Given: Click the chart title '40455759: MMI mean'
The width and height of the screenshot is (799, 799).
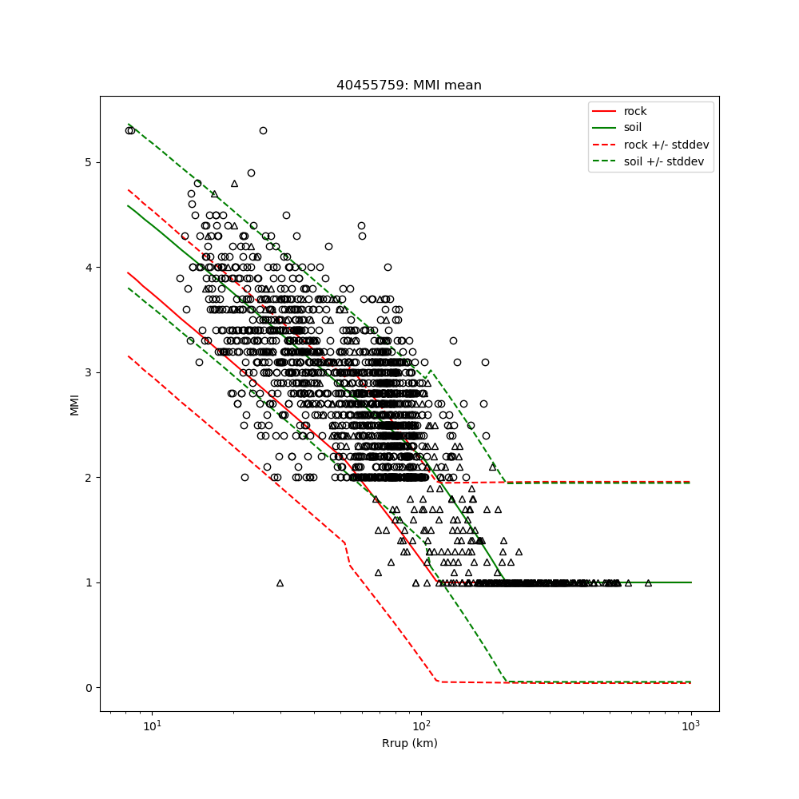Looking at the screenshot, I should coord(409,85).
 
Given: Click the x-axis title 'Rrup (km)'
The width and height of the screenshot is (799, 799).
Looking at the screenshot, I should coord(409,743).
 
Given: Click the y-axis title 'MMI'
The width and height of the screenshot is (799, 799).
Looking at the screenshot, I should coord(74,403).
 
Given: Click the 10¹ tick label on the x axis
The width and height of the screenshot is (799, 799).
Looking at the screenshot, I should coord(151,727).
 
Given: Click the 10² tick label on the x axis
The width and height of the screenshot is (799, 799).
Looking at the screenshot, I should coord(421,727).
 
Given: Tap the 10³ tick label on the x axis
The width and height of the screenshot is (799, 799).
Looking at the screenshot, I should coord(690,727).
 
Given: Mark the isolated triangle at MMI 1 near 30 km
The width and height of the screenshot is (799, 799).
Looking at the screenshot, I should coord(280,582).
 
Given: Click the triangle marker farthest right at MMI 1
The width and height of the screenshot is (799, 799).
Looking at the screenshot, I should coord(648,582).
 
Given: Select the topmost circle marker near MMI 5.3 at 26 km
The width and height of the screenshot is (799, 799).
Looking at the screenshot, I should coord(263,130).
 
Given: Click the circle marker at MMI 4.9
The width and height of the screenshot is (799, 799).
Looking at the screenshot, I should coord(251,173).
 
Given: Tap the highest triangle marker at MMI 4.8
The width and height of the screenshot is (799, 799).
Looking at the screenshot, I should coord(234,183).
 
